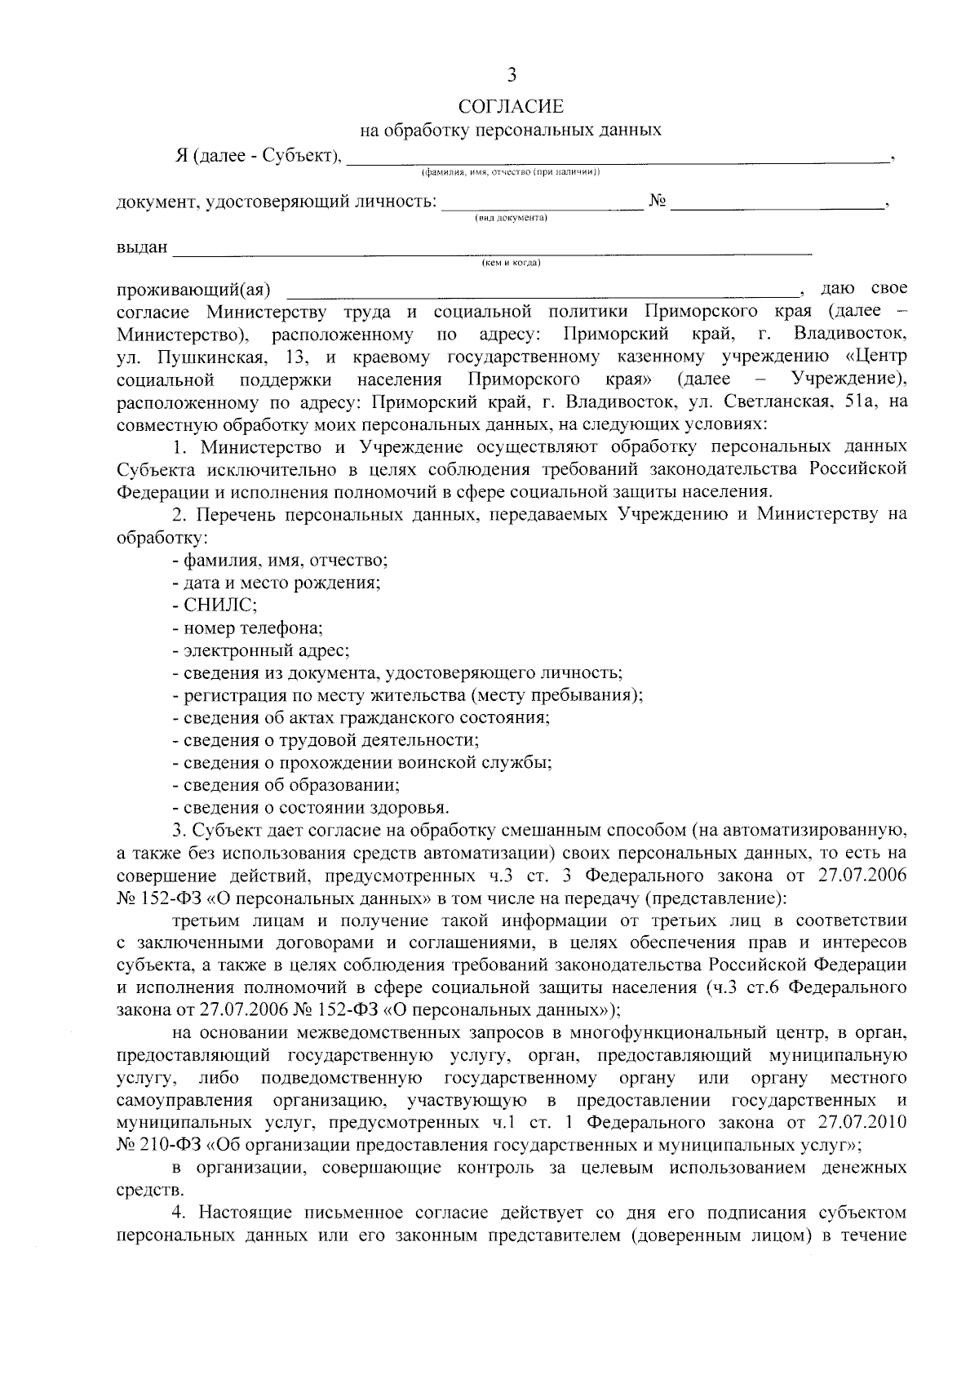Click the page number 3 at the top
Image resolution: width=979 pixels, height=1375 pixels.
click(x=512, y=76)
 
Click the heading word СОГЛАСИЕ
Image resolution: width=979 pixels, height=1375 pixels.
click(x=511, y=107)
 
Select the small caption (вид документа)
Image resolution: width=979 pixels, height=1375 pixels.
click(x=511, y=218)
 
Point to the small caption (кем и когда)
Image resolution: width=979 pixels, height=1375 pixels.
click(x=511, y=263)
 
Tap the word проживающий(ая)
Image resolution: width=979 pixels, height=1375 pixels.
click(x=193, y=291)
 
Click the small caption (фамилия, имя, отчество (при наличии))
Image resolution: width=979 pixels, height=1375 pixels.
click(x=511, y=172)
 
